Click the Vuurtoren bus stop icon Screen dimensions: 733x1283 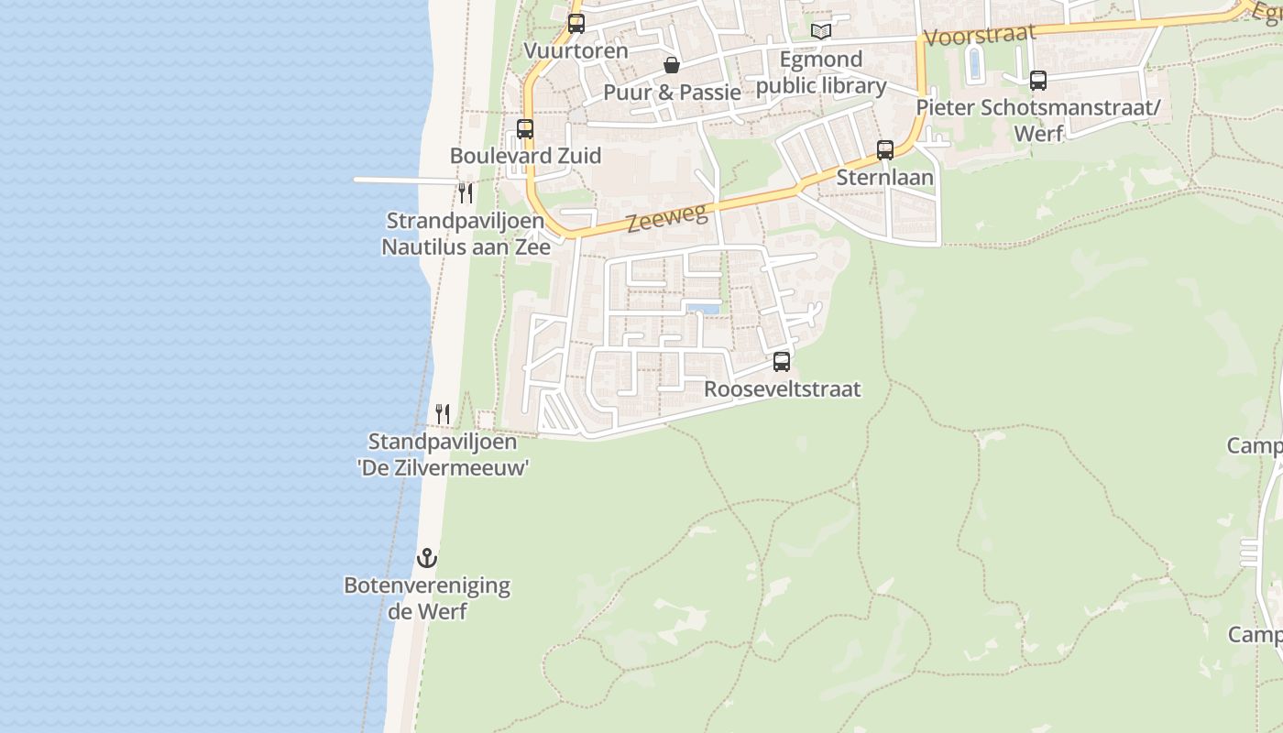tap(576, 24)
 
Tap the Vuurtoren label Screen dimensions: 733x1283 tap(576, 50)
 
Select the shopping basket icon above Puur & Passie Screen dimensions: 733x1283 tap(672, 65)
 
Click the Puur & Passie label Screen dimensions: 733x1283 tap(672, 93)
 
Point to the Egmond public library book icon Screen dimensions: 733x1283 tap(821, 32)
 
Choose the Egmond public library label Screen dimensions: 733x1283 tap(821, 73)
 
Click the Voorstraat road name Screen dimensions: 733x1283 tap(980, 36)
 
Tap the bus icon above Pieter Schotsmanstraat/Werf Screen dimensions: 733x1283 tap(1037, 81)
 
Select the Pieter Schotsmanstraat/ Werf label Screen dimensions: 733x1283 tap(1038, 120)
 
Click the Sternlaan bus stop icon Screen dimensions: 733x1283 tap(885, 150)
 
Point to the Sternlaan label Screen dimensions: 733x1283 tap(885, 178)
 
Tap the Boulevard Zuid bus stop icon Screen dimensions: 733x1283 tap(525, 129)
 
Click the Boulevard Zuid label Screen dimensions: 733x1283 tap(525, 156)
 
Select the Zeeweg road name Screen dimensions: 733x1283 tap(667, 219)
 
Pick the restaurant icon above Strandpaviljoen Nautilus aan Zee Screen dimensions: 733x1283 tap(466, 193)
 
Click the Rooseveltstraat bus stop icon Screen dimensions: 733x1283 tap(782, 362)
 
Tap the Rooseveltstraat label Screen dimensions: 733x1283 tap(782, 389)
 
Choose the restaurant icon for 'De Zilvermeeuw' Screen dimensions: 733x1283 tap(443, 414)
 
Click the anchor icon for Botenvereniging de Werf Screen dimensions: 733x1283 tap(427, 557)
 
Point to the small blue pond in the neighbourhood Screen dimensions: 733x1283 tap(702, 309)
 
